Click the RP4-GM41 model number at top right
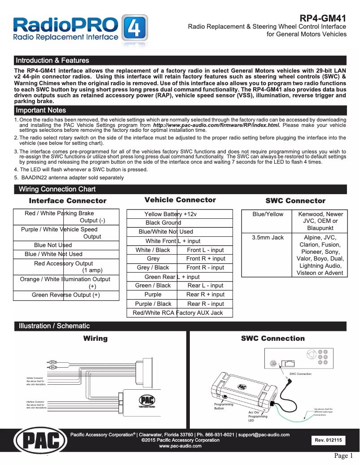[x=323, y=18]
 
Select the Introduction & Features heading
[x=53, y=61]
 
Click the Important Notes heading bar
[x=41, y=110]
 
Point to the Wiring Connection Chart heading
[x=57, y=189]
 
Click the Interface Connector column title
[x=68, y=201]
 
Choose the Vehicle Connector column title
[x=180, y=200]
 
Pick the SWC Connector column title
[x=295, y=201]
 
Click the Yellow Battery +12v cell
[x=180, y=214]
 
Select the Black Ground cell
[x=180, y=223]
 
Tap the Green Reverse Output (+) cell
[x=66, y=295]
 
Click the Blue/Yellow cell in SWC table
[x=268, y=214]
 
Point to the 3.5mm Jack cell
[x=268, y=238]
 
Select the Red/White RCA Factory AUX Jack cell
[x=180, y=313]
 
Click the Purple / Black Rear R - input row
[x=180, y=304]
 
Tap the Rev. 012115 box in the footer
[x=328, y=440]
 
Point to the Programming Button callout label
[x=224, y=406]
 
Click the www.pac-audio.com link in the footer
[x=180, y=446]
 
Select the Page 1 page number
[x=344, y=456]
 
